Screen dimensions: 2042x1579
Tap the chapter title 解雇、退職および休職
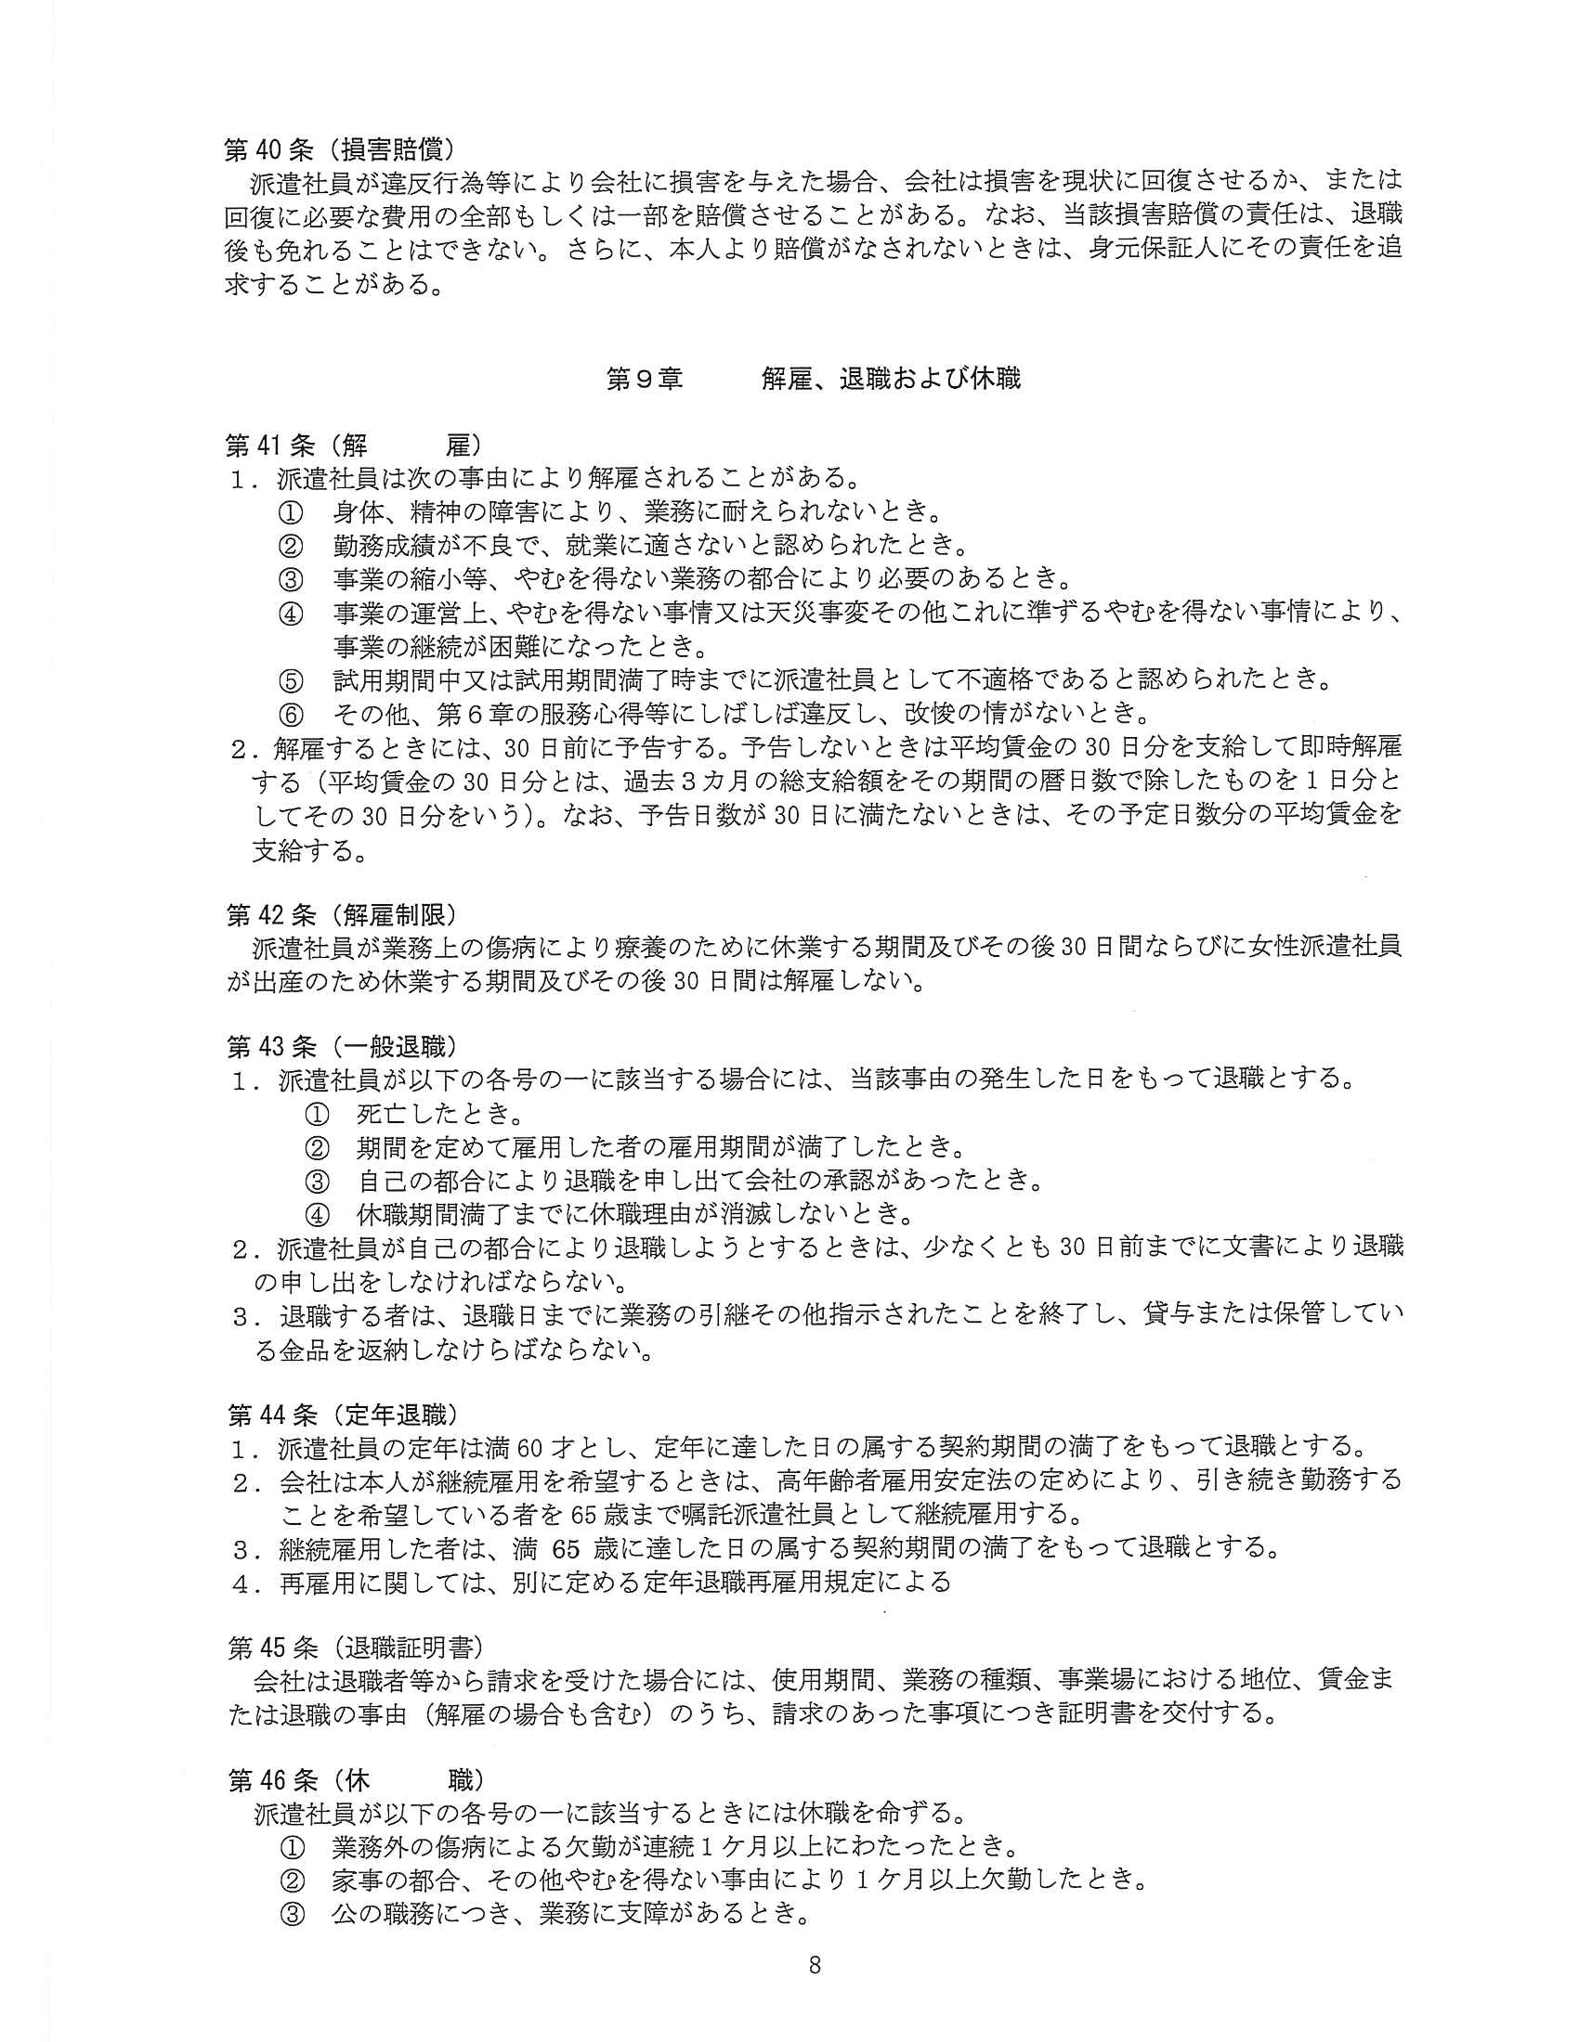[891, 379]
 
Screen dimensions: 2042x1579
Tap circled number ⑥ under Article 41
[291, 716]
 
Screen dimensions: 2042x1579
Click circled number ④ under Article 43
[318, 1215]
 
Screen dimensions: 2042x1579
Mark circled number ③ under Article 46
[292, 1914]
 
